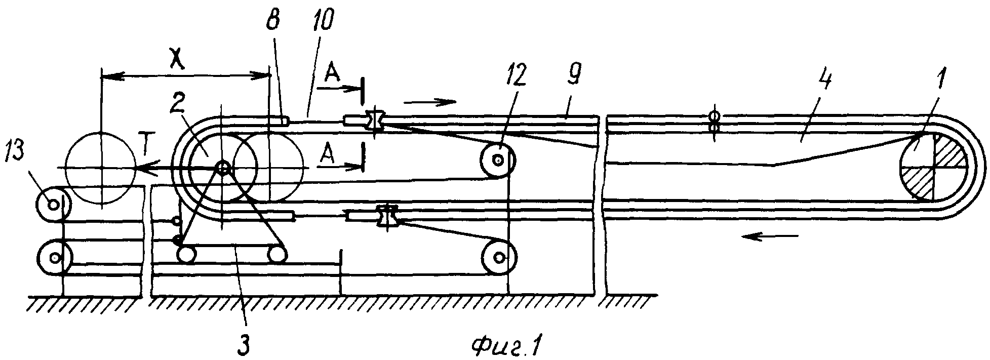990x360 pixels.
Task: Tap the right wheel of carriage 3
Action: [x=278, y=253]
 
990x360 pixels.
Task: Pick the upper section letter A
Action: [x=332, y=76]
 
